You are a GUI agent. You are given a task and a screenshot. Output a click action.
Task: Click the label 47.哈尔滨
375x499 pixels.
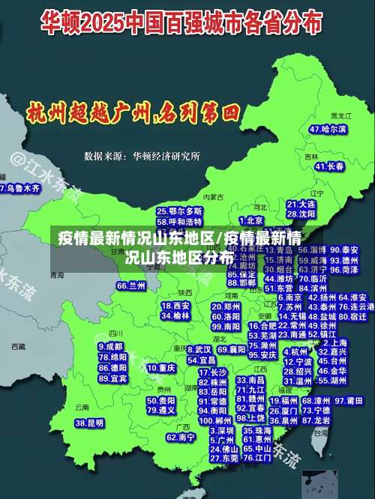point(328,129)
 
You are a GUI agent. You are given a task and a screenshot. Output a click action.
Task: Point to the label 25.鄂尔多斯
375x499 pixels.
point(179,212)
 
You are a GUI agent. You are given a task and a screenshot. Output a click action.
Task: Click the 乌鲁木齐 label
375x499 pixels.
point(20,188)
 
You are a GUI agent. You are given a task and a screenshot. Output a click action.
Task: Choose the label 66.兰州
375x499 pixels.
point(131,285)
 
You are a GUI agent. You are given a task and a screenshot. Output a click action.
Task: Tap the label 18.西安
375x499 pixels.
point(175,306)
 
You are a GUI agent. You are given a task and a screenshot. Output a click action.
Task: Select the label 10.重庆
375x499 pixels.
point(160,368)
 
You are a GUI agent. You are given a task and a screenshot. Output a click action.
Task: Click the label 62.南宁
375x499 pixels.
point(181,437)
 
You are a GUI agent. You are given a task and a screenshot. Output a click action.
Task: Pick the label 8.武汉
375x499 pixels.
point(199,349)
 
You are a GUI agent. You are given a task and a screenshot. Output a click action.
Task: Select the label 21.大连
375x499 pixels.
point(301,203)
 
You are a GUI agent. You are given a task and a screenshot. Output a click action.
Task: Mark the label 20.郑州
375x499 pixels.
point(226,306)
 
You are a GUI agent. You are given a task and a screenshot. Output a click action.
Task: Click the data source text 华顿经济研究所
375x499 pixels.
point(166,157)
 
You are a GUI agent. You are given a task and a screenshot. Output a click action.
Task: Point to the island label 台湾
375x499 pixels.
point(321,432)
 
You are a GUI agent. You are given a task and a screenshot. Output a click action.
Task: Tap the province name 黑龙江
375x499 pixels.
point(341,116)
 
